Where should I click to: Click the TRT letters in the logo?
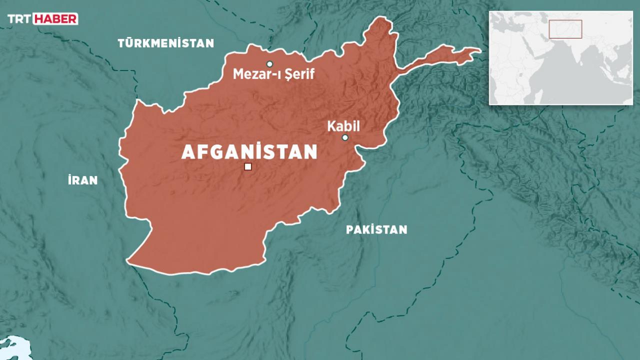19,19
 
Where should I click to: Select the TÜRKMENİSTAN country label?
165,43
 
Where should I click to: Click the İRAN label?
83,180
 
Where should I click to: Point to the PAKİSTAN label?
376,230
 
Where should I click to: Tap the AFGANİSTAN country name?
249,152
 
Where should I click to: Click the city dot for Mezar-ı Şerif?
269,64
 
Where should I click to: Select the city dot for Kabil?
345,137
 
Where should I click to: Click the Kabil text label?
343,126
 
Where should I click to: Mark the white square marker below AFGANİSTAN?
247,167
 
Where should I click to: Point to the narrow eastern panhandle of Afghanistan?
440,56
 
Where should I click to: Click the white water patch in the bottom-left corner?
12,347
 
